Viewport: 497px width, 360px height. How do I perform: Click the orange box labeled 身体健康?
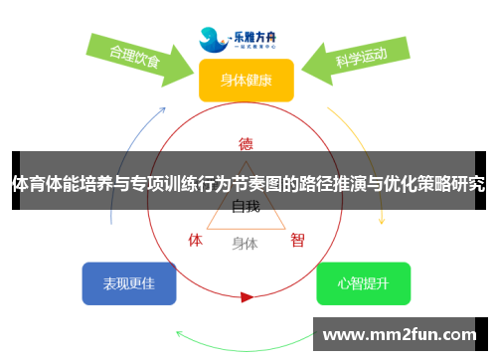pos(246,80)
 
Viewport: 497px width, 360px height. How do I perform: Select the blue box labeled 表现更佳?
pos(128,283)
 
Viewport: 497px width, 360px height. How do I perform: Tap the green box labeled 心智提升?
pos(363,283)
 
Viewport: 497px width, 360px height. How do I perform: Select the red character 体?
pos(196,240)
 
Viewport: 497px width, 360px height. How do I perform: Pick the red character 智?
pos(297,240)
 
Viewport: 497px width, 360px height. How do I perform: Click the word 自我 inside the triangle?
pos(246,207)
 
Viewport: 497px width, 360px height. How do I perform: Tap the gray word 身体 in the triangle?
pos(245,243)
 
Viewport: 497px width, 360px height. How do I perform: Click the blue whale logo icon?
pos(212,39)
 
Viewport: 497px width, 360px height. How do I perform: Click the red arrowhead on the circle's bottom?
pos(247,296)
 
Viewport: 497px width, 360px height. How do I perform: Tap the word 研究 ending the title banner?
pos(470,184)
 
